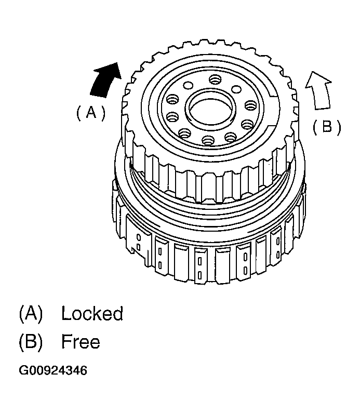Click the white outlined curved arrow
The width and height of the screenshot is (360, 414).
pyautogui.click(x=318, y=91)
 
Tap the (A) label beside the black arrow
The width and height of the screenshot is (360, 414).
pyautogui.click(x=90, y=112)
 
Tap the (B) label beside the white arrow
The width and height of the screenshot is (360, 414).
pyautogui.click(x=327, y=127)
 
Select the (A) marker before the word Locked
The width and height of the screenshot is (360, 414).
pyautogui.click(x=30, y=314)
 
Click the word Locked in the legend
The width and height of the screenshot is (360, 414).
pyautogui.click(x=92, y=314)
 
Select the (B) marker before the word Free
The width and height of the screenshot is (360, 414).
pyautogui.click(x=30, y=341)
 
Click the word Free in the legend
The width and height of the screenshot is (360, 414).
pyautogui.click(x=80, y=341)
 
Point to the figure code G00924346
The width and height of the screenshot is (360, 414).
pyautogui.click(x=53, y=371)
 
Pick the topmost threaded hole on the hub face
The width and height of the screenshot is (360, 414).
pyautogui.click(x=216, y=79)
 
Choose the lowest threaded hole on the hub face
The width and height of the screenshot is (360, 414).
pyautogui.click(x=208, y=139)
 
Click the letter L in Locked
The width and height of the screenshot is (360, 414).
pyautogui.click(x=65, y=314)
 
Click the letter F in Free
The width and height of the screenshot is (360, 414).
pyautogui.click(x=66, y=341)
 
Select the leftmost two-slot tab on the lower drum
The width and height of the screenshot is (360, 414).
pyautogui.click(x=139, y=240)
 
